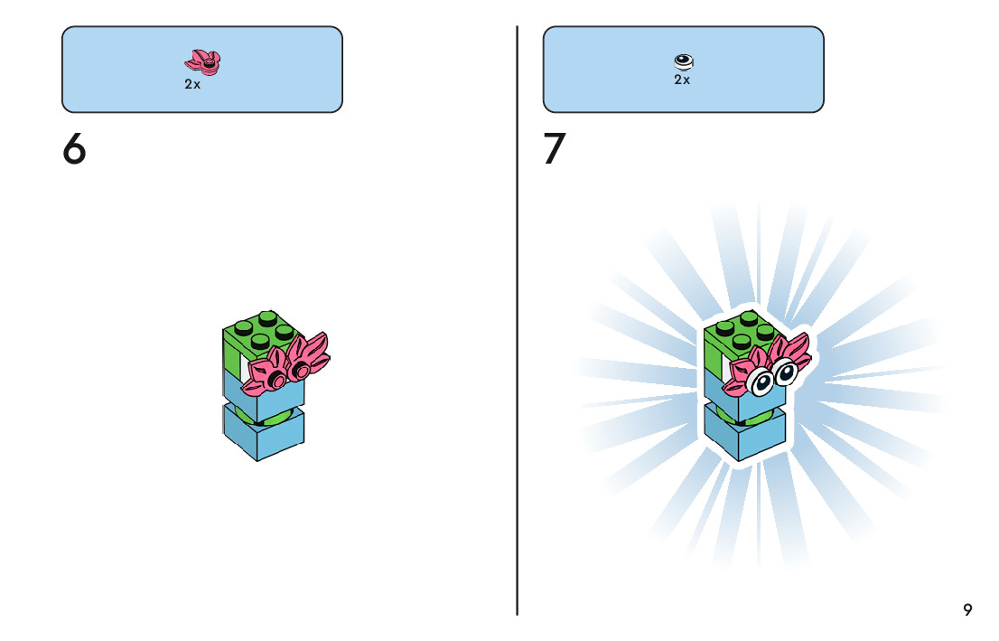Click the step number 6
[x=74, y=149]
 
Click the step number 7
[x=555, y=149]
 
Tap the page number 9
[x=967, y=609]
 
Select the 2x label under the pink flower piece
[x=192, y=84]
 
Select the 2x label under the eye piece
[x=682, y=80]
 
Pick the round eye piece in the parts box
[x=684, y=61]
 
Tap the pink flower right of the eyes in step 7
[x=796, y=352]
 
